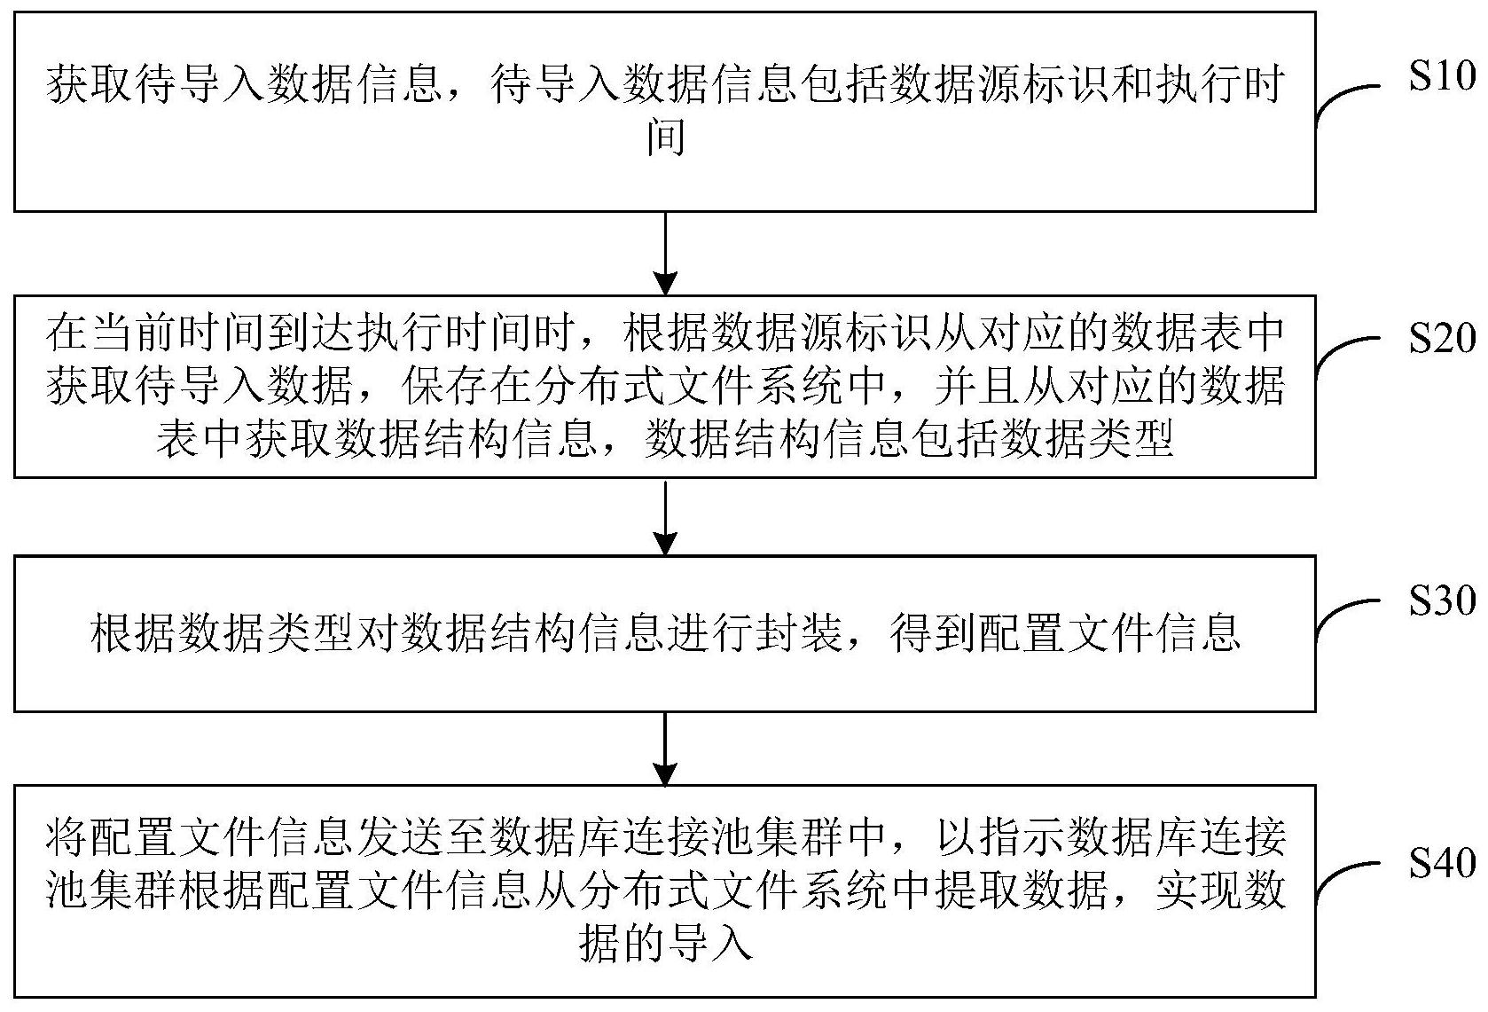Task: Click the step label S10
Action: [x=1442, y=75]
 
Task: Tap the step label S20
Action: [x=1442, y=338]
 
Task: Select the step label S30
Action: [x=1442, y=600]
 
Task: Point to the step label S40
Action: [x=1442, y=863]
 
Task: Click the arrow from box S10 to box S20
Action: [x=665, y=254]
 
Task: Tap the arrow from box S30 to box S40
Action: [x=665, y=749]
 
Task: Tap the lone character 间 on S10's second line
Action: [x=666, y=137]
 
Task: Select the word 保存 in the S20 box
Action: [x=445, y=386]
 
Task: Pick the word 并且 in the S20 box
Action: [x=978, y=386]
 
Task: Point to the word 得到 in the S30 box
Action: [x=932, y=632]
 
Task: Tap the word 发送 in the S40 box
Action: [x=401, y=837]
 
